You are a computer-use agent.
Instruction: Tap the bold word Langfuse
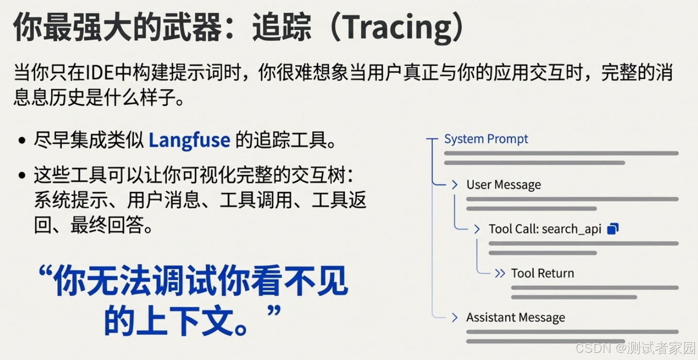tap(189, 140)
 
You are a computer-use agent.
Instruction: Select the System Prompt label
tap(486, 139)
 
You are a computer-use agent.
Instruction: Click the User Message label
tap(504, 185)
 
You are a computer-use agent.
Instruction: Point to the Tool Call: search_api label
tap(545, 229)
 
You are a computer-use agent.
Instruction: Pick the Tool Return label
tap(542, 273)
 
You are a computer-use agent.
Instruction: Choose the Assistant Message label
tap(516, 318)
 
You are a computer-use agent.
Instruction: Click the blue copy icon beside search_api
tap(613, 228)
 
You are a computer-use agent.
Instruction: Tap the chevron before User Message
tap(455, 185)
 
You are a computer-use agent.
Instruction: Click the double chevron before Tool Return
tap(499, 273)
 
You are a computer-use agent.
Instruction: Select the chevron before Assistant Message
tap(455, 318)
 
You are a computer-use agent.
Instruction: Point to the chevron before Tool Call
tap(477, 229)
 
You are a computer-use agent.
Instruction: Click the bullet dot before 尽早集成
tap(22, 140)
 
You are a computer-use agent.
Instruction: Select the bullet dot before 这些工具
tap(22, 175)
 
